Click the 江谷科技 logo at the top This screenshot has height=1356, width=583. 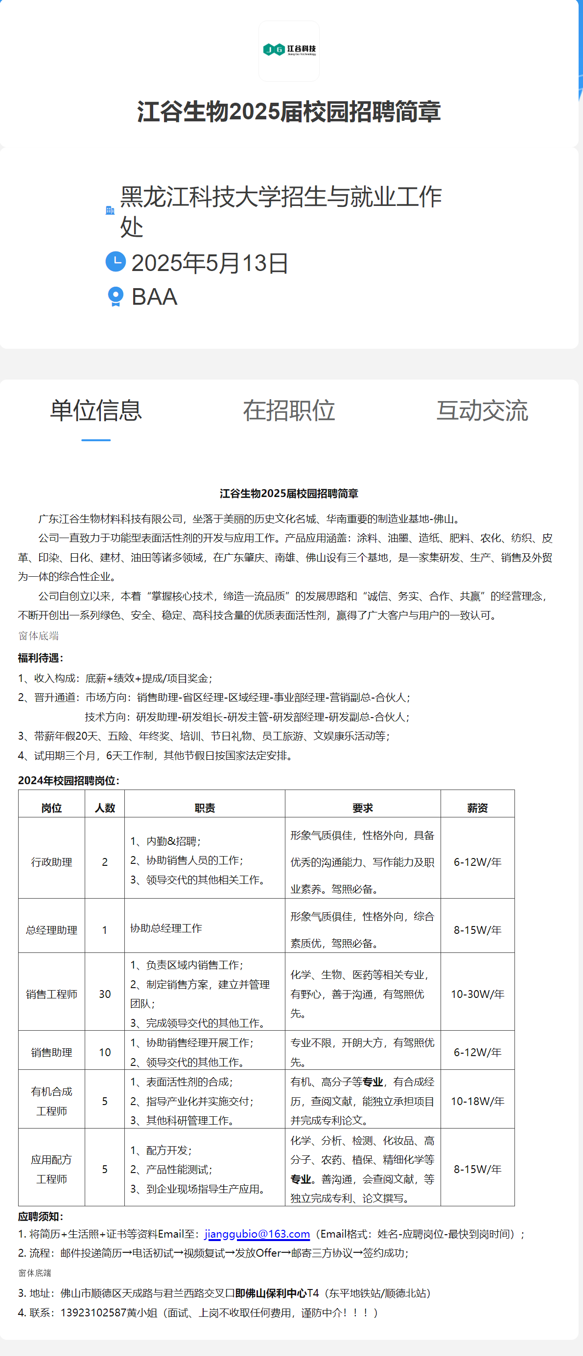click(x=289, y=50)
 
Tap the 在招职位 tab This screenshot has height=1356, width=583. click(x=289, y=410)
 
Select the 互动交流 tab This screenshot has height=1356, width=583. click(x=482, y=410)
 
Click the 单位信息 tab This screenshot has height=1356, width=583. click(x=96, y=410)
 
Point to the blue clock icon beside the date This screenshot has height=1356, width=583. click(x=116, y=262)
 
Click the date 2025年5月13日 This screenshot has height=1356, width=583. click(x=210, y=263)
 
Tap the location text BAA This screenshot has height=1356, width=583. click(x=154, y=297)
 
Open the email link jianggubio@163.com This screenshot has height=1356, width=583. click(x=257, y=1234)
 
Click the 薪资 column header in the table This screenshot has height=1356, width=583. click(x=477, y=808)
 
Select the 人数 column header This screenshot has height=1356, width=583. click(x=105, y=808)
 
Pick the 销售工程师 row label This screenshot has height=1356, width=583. click(x=51, y=994)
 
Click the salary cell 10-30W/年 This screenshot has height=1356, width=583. click(x=477, y=994)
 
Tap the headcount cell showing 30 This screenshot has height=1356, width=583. click(x=105, y=994)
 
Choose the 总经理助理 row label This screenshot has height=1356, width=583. click(x=51, y=930)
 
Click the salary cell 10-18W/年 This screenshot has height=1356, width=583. click(x=477, y=1101)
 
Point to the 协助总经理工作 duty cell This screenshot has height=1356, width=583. click(x=166, y=928)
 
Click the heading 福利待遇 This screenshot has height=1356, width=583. click(x=41, y=658)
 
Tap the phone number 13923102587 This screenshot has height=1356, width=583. click(x=93, y=1312)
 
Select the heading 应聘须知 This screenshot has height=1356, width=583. click(x=41, y=1217)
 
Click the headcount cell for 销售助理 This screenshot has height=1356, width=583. click(x=105, y=1052)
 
